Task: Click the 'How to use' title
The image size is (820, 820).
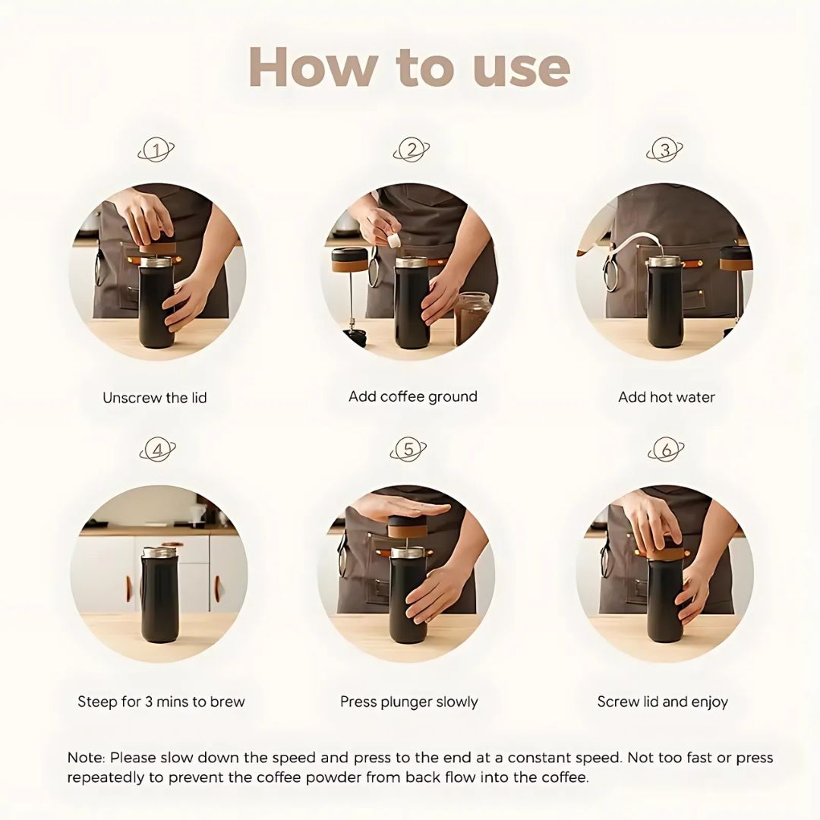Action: pyautogui.click(x=409, y=67)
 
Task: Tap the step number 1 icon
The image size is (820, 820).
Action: pyautogui.click(x=156, y=151)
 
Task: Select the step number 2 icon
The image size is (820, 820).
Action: pyautogui.click(x=412, y=150)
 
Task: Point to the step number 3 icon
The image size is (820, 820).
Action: pyautogui.click(x=665, y=150)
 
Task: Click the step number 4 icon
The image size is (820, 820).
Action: pyautogui.click(x=157, y=450)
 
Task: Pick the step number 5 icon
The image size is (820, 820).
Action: pyautogui.click(x=408, y=449)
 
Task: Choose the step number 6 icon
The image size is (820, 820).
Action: pyautogui.click(x=666, y=450)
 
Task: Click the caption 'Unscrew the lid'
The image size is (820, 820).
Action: pyautogui.click(x=155, y=398)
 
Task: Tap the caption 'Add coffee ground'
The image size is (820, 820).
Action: pyautogui.click(x=413, y=396)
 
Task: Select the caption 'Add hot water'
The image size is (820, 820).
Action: pyautogui.click(x=667, y=397)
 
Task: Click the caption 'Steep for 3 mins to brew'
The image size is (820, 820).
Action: pyautogui.click(x=161, y=702)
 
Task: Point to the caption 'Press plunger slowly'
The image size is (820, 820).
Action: pyautogui.click(x=409, y=702)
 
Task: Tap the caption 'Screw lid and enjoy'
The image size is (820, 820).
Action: pyautogui.click(x=663, y=702)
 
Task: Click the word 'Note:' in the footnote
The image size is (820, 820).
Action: pyautogui.click(x=87, y=758)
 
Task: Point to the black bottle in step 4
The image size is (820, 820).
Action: pyautogui.click(x=159, y=597)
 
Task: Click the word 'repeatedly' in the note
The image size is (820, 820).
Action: pyautogui.click(x=104, y=777)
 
